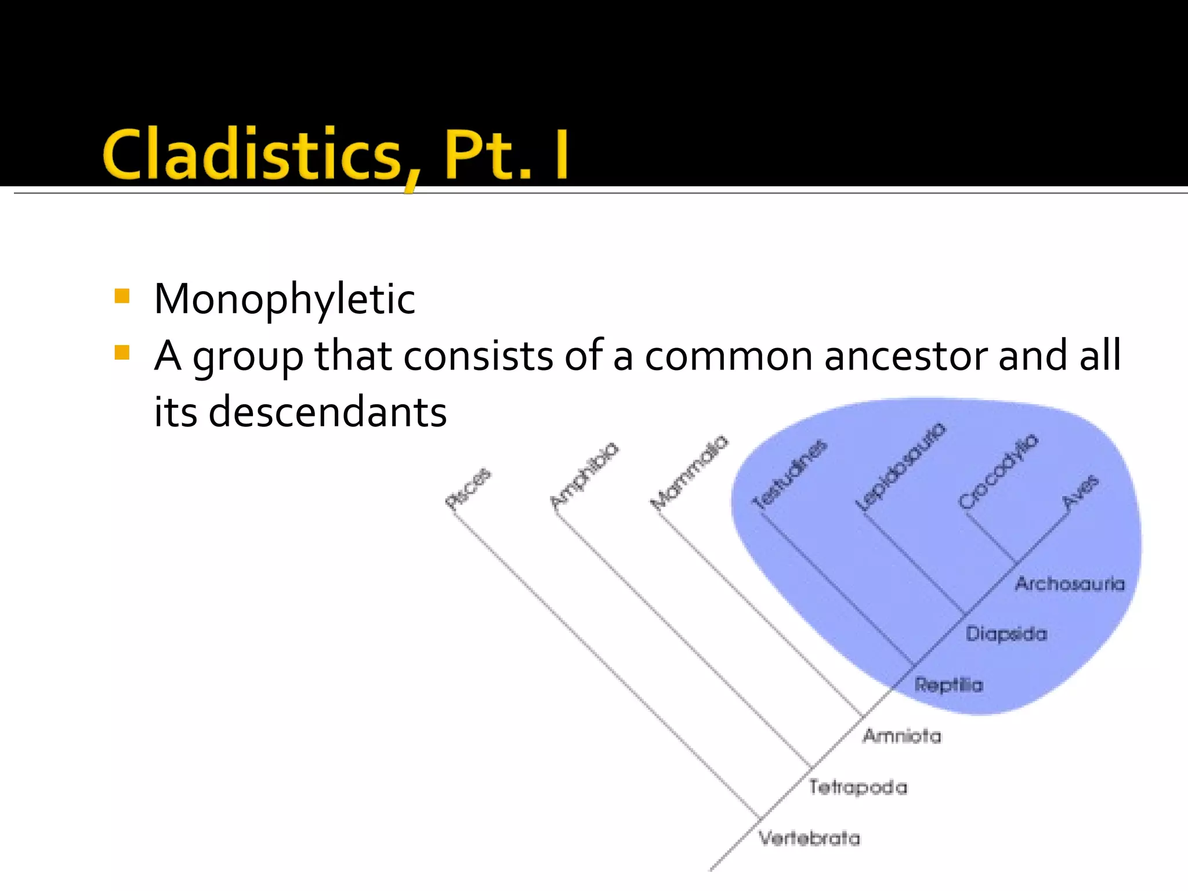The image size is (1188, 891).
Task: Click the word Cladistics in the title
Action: point(253,154)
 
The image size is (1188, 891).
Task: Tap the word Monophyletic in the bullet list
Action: point(284,299)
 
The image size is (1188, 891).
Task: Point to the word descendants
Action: point(327,412)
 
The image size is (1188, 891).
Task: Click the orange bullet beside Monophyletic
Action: point(122,297)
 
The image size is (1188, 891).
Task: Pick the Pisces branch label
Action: point(468,488)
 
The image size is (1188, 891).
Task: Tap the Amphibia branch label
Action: point(584,475)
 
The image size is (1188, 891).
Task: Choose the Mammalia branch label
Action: point(689,472)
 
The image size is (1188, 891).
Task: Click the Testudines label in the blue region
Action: point(789,474)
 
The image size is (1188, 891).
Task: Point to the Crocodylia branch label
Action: point(998,471)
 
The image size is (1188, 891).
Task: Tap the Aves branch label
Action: point(1080,492)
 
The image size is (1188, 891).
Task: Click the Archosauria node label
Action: point(1070,584)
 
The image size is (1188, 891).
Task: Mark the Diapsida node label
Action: point(1006,633)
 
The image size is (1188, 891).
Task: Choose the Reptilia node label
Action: point(949,685)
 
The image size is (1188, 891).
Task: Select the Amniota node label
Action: point(902,736)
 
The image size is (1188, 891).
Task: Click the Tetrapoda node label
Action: point(858,787)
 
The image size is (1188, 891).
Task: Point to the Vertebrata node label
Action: point(810,838)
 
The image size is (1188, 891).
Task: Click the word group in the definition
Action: point(248,356)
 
